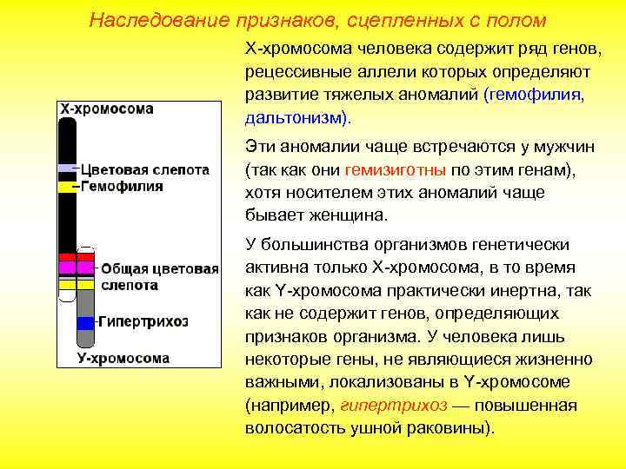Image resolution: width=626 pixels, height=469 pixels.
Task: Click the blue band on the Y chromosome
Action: tap(85, 322)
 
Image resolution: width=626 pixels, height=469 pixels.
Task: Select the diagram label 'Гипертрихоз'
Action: tap(143, 321)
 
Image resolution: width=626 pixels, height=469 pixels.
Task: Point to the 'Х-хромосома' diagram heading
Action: tap(106, 109)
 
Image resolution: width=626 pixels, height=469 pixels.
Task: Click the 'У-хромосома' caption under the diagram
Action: tap(123, 357)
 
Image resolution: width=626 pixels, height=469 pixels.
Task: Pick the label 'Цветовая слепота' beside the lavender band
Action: tap(145, 169)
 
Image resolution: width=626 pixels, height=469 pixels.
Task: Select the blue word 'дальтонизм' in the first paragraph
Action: tap(292, 116)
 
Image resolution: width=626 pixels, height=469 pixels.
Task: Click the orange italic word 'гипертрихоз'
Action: tap(394, 406)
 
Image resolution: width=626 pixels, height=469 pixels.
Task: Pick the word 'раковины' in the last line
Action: tap(449, 428)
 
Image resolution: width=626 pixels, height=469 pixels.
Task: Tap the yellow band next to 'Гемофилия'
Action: tap(67, 186)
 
